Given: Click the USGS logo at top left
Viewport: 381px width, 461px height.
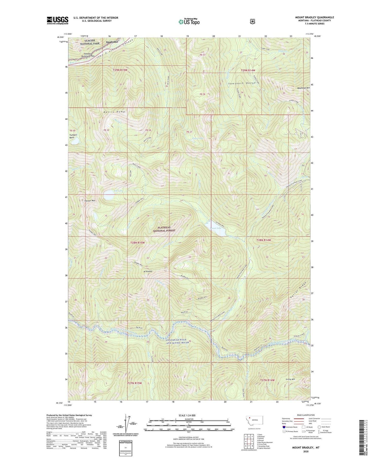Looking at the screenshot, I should click(x=57, y=20).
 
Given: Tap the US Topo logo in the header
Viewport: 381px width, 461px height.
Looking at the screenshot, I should click(x=189, y=22).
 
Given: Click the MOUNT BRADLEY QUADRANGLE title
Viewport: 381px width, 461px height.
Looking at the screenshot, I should click(x=314, y=17).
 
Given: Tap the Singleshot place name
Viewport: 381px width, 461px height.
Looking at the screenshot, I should click(x=112, y=42).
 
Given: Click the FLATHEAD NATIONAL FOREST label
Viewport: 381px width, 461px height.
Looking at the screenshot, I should click(x=164, y=229).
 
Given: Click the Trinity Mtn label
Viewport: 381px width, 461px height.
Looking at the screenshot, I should click(x=290, y=379).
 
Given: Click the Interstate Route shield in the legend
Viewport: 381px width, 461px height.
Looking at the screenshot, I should click(x=284, y=427).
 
